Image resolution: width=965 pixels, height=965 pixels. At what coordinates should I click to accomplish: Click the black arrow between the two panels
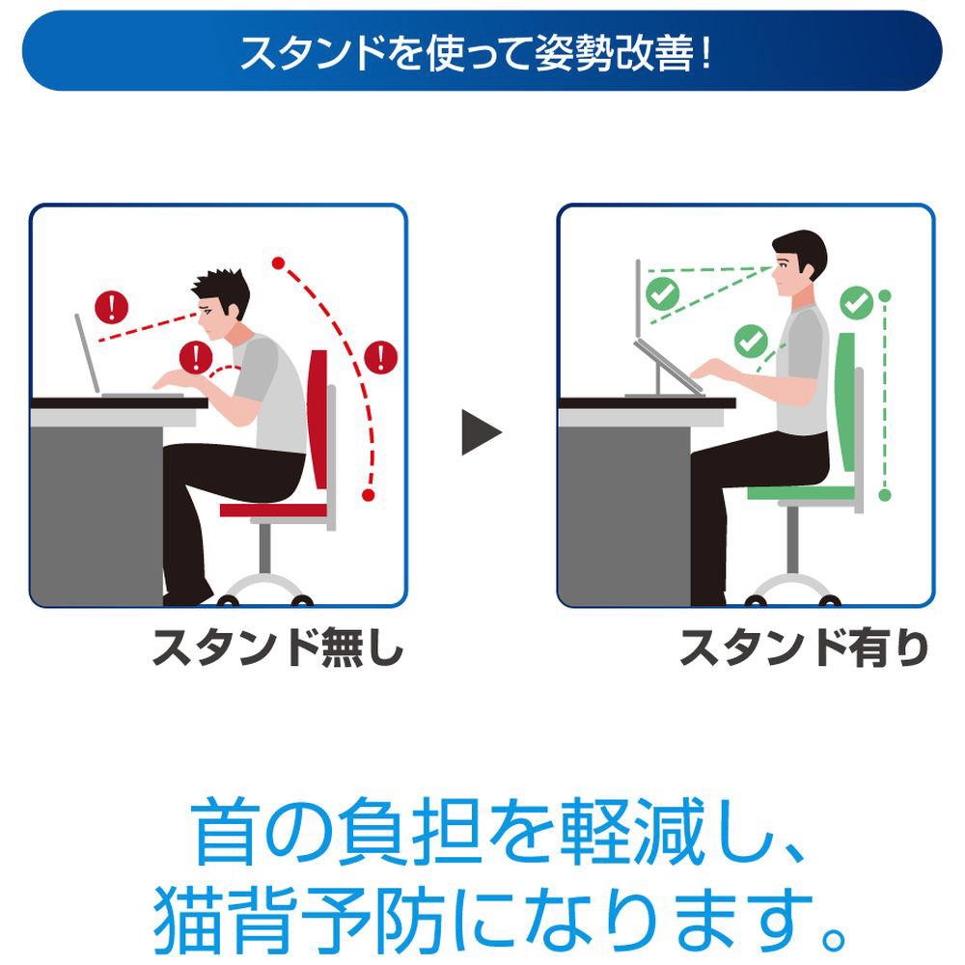(x=480, y=432)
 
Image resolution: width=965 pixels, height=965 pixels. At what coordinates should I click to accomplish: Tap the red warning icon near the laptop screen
(x=111, y=307)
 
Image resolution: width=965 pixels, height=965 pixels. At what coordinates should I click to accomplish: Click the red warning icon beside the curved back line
(x=380, y=357)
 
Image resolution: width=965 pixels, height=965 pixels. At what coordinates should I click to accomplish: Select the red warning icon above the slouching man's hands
(x=196, y=358)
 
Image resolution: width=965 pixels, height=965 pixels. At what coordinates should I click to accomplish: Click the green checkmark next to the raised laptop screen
(x=662, y=293)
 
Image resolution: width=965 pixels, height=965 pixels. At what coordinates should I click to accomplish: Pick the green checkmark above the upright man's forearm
(x=751, y=341)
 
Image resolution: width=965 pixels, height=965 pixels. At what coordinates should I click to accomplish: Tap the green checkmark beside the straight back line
(x=857, y=303)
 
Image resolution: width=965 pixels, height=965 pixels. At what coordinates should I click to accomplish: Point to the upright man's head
(x=798, y=262)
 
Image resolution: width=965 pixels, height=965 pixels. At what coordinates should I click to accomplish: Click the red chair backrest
(x=318, y=420)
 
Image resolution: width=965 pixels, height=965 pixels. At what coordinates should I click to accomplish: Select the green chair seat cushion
(x=801, y=493)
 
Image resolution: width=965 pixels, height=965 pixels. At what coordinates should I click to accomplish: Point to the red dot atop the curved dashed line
(x=278, y=263)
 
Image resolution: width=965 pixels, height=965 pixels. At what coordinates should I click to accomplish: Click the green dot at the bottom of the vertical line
(x=885, y=495)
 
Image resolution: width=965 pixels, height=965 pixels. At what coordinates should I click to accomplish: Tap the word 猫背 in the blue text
(x=225, y=920)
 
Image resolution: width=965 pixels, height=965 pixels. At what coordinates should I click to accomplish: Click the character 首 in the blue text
(x=225, y=832)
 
